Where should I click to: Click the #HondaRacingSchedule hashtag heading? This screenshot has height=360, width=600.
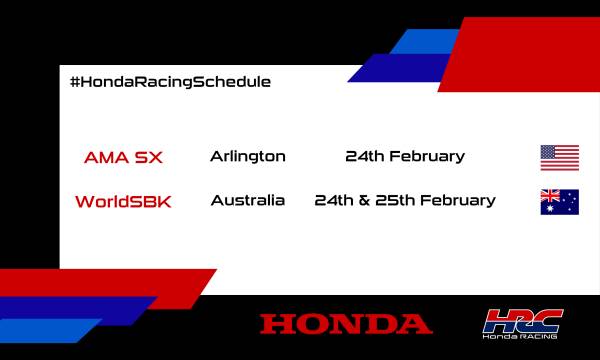coord(170,81)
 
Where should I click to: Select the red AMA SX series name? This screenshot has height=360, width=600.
coord(123,157)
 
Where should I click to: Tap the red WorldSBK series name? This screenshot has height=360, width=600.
coord(123,201)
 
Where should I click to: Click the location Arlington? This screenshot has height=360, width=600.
coord(248,156)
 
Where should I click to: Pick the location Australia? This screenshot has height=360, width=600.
coord(248,200)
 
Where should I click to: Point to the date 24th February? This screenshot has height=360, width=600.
coord(405,156)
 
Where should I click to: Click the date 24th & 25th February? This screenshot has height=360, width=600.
coord(405,200)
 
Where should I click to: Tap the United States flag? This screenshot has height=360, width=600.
coord(560,157)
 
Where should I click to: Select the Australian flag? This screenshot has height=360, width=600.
coord(560,201)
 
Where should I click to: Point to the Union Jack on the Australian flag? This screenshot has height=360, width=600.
coord(550,195)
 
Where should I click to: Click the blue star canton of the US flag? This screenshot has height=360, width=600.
coord(549,152)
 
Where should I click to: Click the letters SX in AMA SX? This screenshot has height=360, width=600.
coord(149,157)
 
